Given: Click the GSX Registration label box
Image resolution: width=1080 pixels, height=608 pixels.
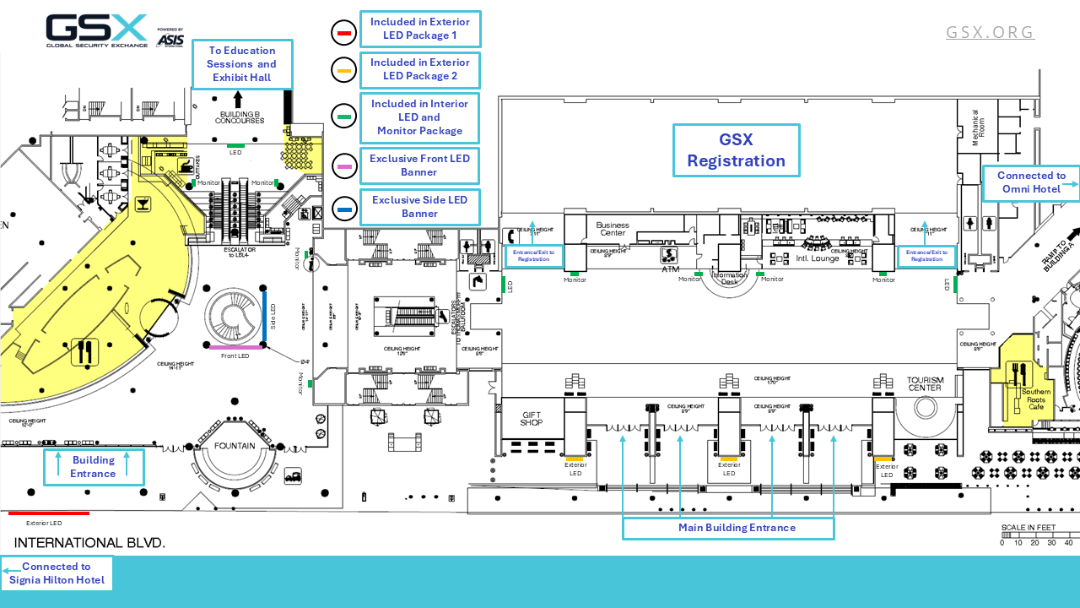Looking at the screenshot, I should tap(736, 150).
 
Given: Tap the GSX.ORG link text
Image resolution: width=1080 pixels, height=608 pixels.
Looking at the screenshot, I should tap(990, 32).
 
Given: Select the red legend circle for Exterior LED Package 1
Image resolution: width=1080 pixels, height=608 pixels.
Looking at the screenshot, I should tap(344, 33).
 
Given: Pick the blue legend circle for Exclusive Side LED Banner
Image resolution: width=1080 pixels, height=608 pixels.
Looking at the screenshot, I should tap(344, 208).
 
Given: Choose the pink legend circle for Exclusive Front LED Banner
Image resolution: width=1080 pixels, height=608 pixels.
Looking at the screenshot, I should tap(344, 166).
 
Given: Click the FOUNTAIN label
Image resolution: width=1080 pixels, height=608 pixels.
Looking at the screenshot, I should tap(235, 446).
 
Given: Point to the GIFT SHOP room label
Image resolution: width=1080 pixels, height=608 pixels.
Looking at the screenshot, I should tap(532, 418).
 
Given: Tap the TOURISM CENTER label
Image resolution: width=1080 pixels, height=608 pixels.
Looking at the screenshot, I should tap(925, 383).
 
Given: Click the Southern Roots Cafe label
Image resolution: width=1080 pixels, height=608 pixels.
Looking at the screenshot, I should tap(1036, 399).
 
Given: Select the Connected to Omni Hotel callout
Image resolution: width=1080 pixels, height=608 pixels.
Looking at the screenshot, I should tap(1031, 182).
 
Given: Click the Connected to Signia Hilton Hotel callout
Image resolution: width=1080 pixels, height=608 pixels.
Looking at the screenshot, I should tap(57, 573).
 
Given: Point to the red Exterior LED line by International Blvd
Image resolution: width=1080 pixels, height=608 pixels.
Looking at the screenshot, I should tap(49, 513).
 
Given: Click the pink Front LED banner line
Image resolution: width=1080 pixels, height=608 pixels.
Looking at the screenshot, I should tap(235, 347).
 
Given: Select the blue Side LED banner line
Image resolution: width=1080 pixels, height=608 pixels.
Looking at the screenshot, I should tap(264, 317).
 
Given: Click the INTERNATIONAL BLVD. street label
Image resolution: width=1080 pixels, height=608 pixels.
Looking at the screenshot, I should tap(89, 542).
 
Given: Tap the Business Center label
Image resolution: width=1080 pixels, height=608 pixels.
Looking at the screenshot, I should tap(613, 229).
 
